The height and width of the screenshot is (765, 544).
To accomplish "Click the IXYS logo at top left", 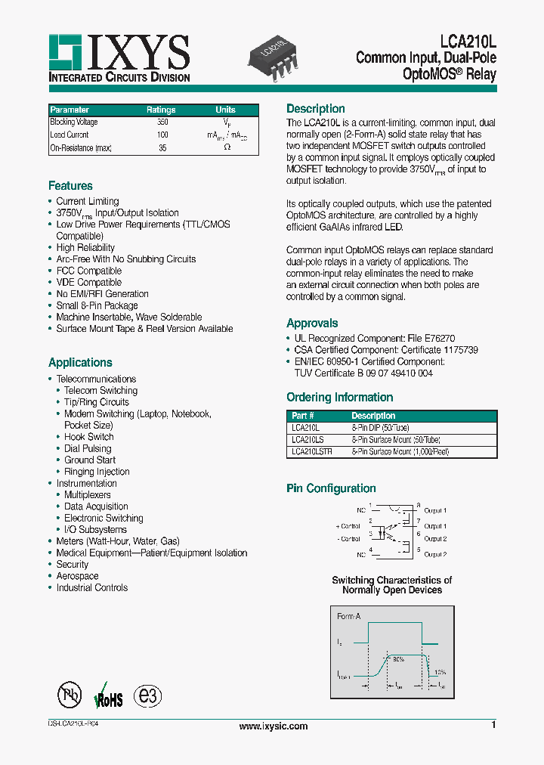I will click(119, 58).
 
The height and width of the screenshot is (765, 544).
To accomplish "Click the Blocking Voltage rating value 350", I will click(162, 122).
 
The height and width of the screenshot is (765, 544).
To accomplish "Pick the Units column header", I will click(225, 110).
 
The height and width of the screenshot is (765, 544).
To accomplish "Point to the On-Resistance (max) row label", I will click(81, 148).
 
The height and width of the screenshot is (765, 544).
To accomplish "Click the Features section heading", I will click(70, 186).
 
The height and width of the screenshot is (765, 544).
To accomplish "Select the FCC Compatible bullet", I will click(88, 271).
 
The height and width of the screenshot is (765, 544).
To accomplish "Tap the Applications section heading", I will click(80, 363).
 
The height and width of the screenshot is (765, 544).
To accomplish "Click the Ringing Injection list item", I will click(97, 472).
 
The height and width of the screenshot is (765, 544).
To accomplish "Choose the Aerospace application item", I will click(77, 576).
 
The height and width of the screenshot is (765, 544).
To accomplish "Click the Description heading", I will click(316, 109).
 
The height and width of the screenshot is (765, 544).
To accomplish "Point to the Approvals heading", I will click(312, 324).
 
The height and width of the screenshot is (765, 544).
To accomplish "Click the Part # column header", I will click(302, 416).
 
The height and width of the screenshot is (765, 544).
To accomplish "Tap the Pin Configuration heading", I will click(331, 488).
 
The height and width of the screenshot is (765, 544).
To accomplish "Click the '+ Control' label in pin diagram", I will click(348, 525).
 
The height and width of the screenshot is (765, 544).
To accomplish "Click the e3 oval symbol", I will click(148, 696).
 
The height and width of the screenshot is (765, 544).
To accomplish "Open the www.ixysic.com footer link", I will click(273, 726).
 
